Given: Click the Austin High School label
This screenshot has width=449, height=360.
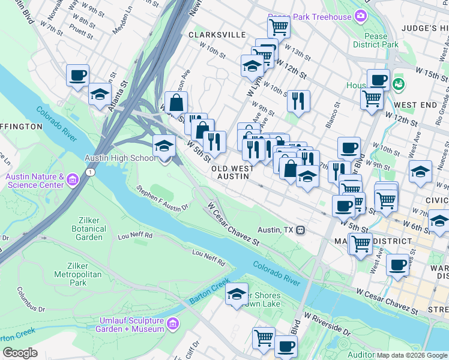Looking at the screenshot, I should [120, 158].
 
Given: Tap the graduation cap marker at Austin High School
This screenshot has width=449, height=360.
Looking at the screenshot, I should [164, 146].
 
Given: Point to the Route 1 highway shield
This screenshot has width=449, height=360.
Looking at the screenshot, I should [89, 172].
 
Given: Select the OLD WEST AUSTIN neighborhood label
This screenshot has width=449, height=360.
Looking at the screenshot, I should [232, 173].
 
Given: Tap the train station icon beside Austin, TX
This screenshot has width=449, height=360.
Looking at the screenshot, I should [302, 230].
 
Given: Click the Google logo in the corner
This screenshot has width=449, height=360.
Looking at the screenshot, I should [20, 353].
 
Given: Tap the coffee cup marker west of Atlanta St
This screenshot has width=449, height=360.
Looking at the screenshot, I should [78, 75].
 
